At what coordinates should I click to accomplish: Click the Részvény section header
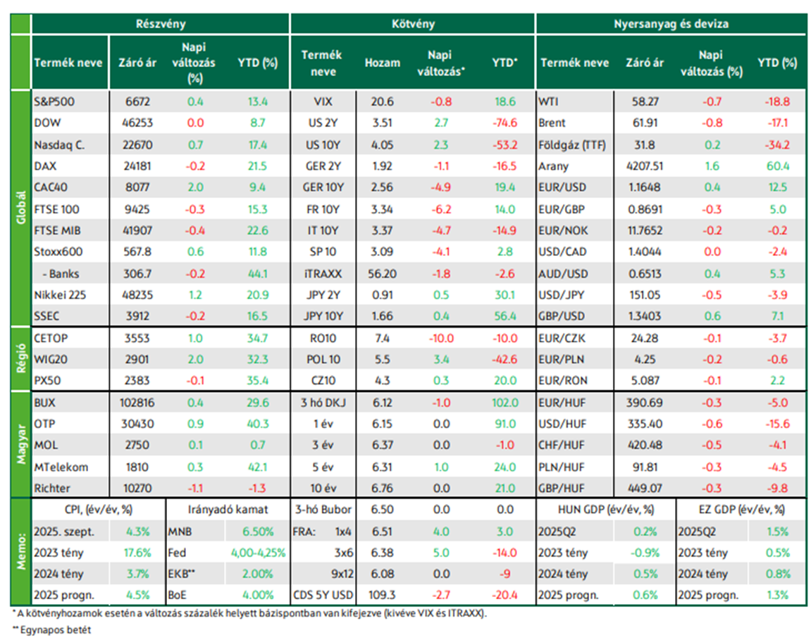pos(161,24)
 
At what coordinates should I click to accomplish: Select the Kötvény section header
pos(413,24)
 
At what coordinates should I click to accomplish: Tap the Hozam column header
pos(382,63)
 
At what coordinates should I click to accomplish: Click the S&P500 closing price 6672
pos(137,102)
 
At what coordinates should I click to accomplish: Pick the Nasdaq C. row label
pos(59,145)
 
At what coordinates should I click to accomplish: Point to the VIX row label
pos(323,102)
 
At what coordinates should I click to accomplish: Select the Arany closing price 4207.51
pos(645,166)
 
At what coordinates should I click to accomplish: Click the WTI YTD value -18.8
pos(777,102)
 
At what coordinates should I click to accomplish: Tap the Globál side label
pos(21,208)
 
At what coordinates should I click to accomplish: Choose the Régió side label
pos(21,359)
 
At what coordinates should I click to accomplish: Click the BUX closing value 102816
pos(137,402)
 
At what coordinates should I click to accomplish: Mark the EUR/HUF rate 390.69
pos(645,402)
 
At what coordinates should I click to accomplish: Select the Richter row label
pos(51,488)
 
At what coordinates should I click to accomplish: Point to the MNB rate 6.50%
pos(258,531)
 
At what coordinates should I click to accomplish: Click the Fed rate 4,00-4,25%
pos(258,553)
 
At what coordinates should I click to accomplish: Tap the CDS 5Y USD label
pos(323,595)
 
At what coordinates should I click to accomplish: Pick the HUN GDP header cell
pos(606,510)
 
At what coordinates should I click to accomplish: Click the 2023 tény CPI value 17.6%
pos(137,553)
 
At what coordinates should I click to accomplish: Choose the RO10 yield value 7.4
pos(382,338)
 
